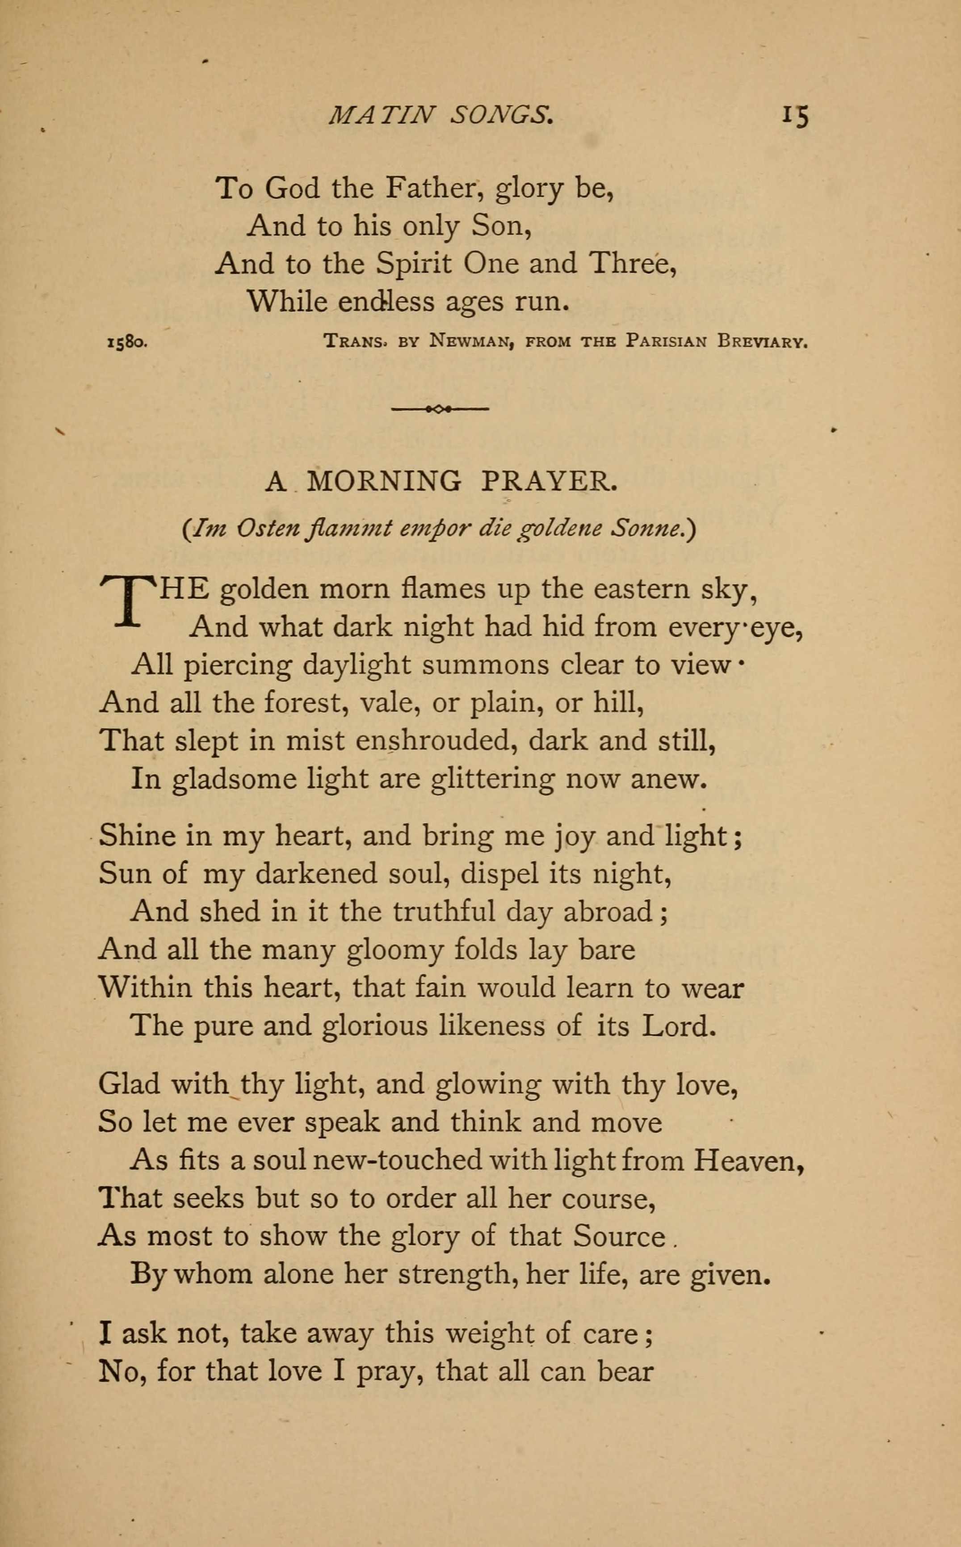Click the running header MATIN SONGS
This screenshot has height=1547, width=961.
pos(441,114)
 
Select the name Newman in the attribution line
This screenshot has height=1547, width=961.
pos(472,341)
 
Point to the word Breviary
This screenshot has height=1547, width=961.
pos(762,341)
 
